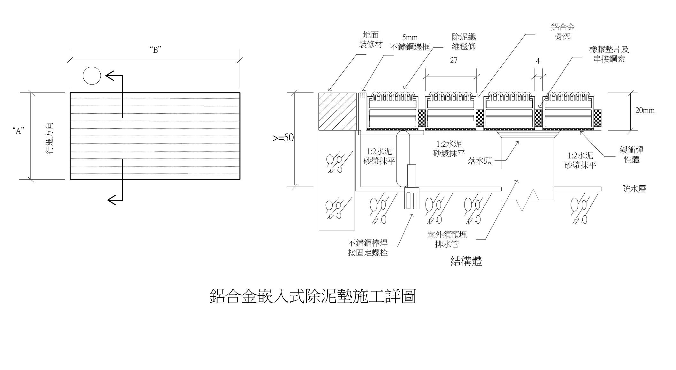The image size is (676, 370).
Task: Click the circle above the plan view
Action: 92,76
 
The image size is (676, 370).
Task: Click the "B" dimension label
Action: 155,50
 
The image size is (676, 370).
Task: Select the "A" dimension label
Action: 19,130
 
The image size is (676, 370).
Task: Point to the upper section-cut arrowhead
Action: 110,76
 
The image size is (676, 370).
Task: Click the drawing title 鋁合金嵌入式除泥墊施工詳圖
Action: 313,296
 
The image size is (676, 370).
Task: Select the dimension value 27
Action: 454,60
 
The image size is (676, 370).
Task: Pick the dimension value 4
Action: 538,61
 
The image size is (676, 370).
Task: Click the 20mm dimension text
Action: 645,111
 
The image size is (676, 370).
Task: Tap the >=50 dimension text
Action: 283,138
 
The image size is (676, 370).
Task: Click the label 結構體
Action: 466,261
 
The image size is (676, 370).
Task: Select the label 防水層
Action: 634,189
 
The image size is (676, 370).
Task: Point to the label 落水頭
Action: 480,161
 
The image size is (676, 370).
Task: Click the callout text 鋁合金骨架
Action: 563,32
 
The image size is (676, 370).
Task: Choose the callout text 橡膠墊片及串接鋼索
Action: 609,54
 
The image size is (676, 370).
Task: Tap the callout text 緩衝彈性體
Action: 632,154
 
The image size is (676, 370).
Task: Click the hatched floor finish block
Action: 337,111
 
